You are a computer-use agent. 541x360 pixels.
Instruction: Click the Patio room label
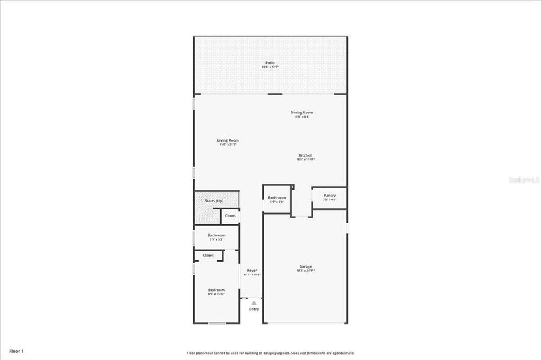[x=270, y=62]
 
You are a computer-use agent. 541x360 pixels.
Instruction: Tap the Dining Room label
[x=301, y=112]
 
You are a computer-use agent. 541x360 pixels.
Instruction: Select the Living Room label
[x=228, y=140]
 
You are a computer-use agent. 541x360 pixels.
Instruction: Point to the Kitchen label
[x=305, y=155]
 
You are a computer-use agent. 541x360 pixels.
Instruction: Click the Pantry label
[x=330, y=195]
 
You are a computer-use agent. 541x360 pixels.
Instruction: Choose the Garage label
[x=306, y=266]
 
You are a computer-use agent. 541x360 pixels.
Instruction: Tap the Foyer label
[x=252, y=271]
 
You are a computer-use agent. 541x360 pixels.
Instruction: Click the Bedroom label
[x=216, y=290]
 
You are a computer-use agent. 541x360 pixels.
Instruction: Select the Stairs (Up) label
[x=214, y=200]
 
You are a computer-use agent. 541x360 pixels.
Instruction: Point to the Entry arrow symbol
[x=254, y=303]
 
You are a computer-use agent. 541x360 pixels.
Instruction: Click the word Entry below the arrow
[x=254, y=309]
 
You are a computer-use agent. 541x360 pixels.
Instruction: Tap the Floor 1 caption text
[x=16, y=350]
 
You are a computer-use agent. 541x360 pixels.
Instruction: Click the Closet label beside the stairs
[x=231, y=215]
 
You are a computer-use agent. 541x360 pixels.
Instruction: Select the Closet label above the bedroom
[x=208, y=255]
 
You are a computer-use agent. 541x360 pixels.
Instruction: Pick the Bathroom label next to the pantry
[x=277, y=197]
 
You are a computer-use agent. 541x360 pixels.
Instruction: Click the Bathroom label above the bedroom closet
[x=216, y=235]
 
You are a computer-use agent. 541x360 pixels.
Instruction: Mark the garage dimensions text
[x=306, y=271]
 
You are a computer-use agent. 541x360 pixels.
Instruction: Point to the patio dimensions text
[x=270, y=67]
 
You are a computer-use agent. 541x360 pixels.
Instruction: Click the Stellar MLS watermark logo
[x=524, y=179]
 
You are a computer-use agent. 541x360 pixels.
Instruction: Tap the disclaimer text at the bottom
[x=270, y=353]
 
